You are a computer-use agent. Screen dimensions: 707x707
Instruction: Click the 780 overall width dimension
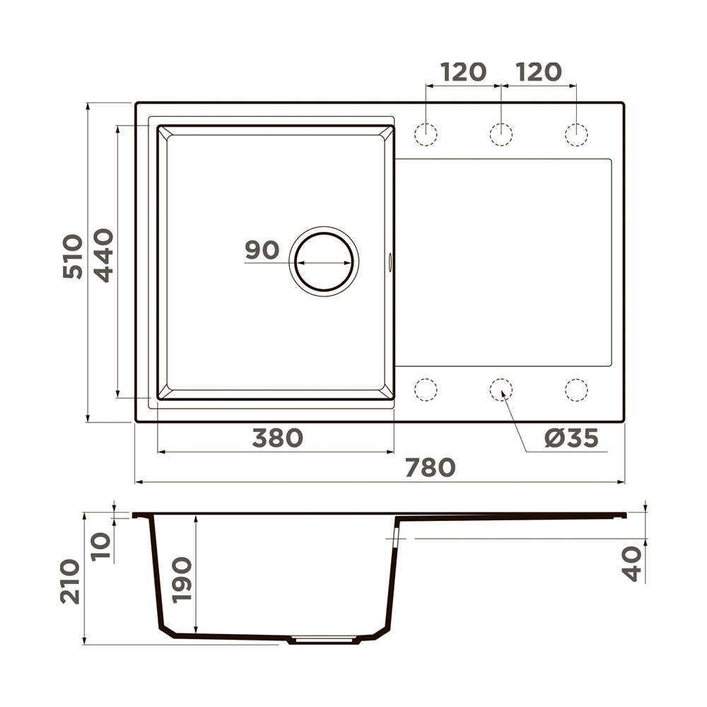(x=430, y=467)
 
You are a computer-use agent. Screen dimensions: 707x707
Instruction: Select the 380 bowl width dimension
(x=277, y=438)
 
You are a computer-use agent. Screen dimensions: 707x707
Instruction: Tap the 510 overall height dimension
(x=73, y=256)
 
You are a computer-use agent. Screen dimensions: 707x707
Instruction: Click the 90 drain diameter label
(x=262, y=250)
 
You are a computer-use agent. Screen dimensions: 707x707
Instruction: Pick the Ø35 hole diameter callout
(x=571, y=438)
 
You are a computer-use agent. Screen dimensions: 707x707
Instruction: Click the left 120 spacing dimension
(x=464, y=72)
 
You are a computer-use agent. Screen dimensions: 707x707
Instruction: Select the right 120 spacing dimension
(x=539, y=72)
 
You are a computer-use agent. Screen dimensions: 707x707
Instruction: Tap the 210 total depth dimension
(x=70, y=581)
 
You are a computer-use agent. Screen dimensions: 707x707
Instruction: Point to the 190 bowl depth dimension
(x=182, y=580)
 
